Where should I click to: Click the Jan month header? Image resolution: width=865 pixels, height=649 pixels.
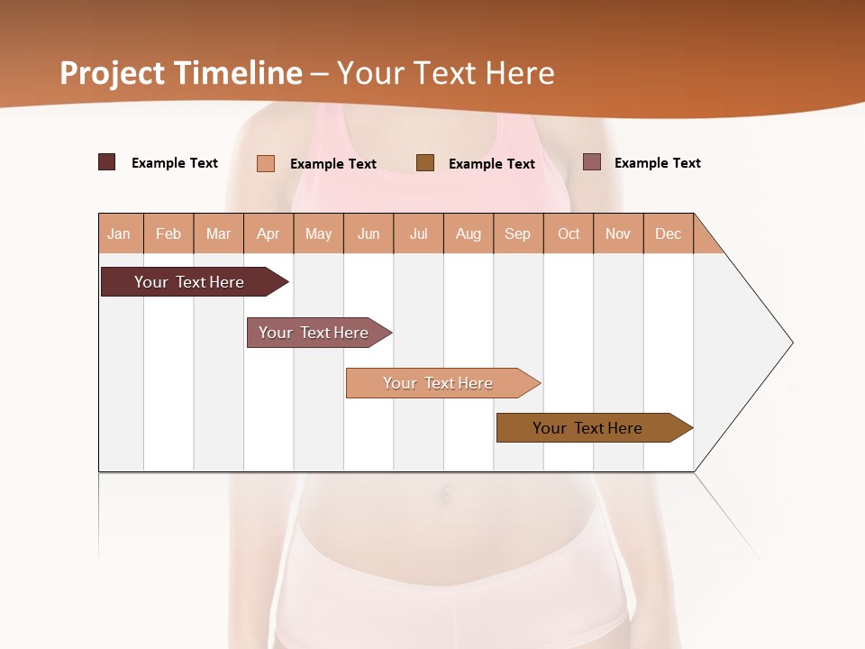[x=120, y=233]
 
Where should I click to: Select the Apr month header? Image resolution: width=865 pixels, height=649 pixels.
[x=269, y=233]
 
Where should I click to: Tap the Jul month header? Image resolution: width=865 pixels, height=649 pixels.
[x=418, y=233]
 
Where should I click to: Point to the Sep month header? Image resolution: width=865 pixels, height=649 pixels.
[x=518, y=233]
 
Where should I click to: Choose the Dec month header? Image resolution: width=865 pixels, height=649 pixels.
[x=668, y=233]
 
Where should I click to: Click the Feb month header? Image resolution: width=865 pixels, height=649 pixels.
[x=168, y=233]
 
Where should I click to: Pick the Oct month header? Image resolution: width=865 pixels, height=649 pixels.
[x=569, y=233]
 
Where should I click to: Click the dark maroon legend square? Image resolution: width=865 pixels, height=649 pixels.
[x=107, y=162]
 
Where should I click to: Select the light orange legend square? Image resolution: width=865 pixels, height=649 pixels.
[x=266, y=163]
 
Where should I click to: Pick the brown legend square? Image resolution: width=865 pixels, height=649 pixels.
[x=425, y=162]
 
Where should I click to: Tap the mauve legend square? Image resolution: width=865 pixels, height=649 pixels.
[x=592, y=162]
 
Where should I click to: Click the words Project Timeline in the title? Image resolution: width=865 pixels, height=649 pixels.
[x=181, y=73]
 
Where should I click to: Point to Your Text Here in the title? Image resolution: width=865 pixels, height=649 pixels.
[x=445, y=73]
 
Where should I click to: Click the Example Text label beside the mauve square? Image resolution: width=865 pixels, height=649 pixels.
[x=657, y=163]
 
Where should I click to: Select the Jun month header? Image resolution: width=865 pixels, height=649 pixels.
[x=369, y=233]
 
